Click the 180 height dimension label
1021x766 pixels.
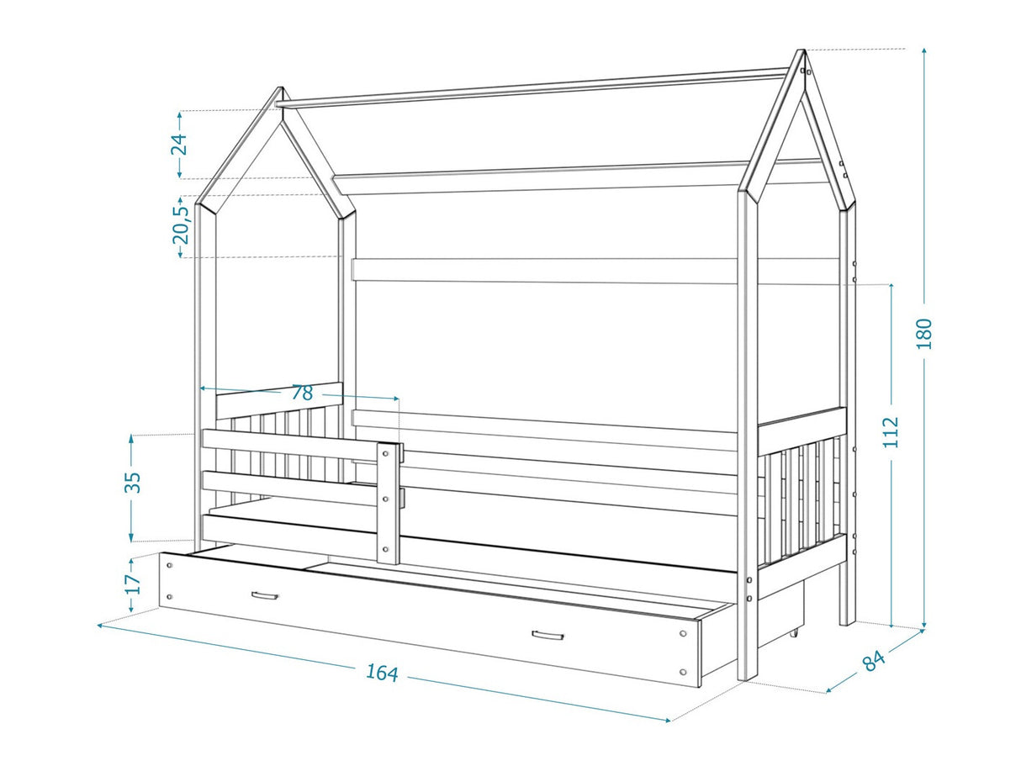pyautogui.click(x=924, y=334)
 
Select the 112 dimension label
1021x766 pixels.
pyautogui.click(x=891, y=432)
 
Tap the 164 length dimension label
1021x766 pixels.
pyautogui.click(x=382, y=673)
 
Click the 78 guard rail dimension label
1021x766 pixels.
pyautogui.click(x=302, y=394)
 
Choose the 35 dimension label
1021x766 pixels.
pyautogui.click(x=134, y=483)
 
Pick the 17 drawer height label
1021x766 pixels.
pyautogui.click(x=133, y=584)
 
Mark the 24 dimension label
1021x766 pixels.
pyautogui.click(x=179, y=144)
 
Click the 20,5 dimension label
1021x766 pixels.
pyautogui.click(x=182, y=225)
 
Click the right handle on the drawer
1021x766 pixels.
pyautogui.click(x=548, y=636)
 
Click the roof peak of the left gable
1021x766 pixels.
pyautogui.click(x=279, y=89)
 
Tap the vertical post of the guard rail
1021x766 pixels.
pyautogui.click(x=388, y=503)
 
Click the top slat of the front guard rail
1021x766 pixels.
pyautogui.click(x=290, y=445)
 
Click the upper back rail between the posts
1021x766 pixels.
pyautogui.click(x=544, y=271)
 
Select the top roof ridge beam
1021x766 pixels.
pyautogui.click(x=533, y=89)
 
